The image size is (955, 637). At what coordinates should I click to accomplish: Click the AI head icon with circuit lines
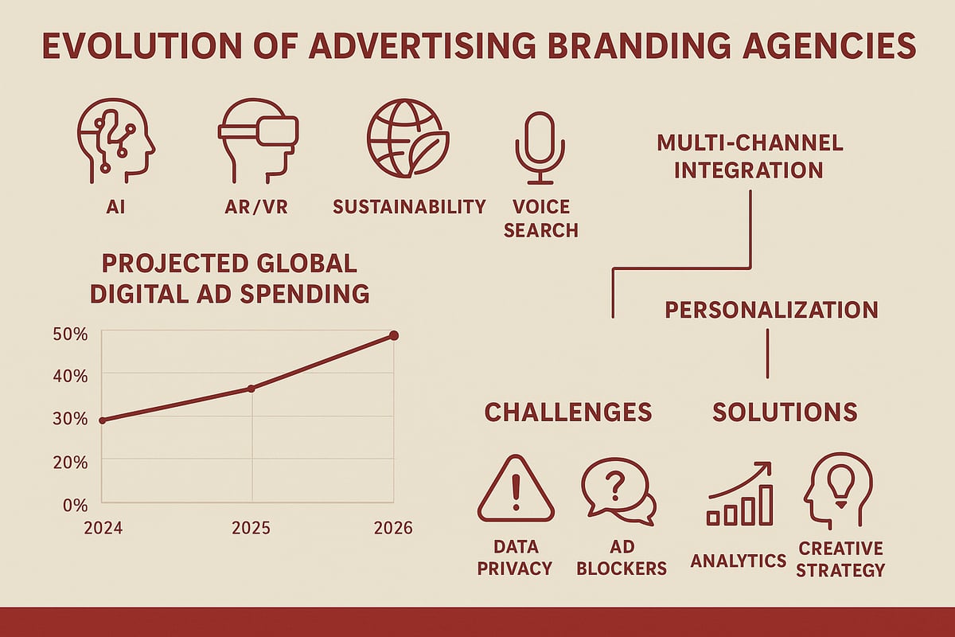(x=116, y=143)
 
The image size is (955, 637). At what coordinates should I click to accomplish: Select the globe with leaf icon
(x=407, y=139)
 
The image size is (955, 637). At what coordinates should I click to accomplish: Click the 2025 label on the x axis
(x=251, y=528)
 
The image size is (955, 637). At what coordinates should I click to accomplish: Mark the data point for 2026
(x=393, y=336)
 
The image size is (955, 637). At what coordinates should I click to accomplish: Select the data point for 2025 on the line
(x=251, y=389)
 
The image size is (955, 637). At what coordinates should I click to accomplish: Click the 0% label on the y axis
(x=75, y=505)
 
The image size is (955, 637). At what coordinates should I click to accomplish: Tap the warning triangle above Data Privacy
(x=515, y=489)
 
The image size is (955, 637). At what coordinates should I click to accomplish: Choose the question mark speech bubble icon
(x=618, y=489)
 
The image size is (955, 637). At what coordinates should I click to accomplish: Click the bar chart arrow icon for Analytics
(x=739, y=494)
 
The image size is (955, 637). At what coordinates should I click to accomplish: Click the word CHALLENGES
(x=567, y=412)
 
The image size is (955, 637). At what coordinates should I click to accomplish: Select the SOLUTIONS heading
(x=784, y=412)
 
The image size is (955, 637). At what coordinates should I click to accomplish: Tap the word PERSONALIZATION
(x=771, y=310)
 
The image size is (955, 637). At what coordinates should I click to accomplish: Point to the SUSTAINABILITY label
(x=409, y=207)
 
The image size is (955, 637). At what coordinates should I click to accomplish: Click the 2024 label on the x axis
(x=101, y=528)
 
